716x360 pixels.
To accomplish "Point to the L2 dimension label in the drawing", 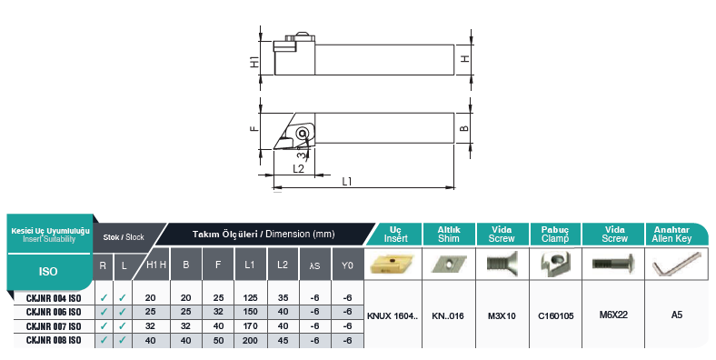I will (298, 168).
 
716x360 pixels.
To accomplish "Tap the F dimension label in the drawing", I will (255, 130).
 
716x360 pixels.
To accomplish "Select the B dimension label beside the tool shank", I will (463, 129).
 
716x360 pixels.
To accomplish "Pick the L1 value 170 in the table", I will (249, 325).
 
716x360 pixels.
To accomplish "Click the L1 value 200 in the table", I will (249, 340).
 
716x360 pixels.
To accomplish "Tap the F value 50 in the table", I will (218, 340).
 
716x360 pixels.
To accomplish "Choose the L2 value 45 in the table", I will (283, 340).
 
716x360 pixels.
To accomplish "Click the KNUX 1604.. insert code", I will (393, 315).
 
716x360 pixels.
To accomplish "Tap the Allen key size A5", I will (676, 315).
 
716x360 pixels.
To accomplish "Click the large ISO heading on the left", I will (49, 270).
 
